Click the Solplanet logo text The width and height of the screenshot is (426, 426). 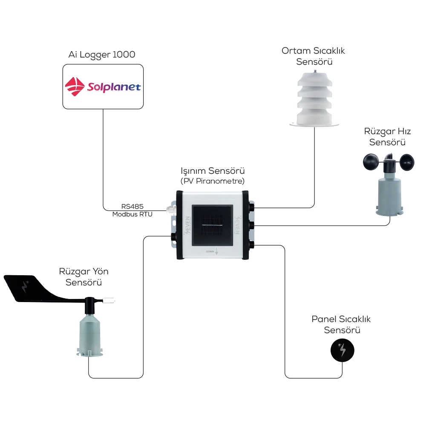click(114, 87)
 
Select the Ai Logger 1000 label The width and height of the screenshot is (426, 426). click(102, 55)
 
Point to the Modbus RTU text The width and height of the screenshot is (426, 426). click(132, 214)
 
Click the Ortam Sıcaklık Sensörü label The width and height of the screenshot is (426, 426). click(314, 56)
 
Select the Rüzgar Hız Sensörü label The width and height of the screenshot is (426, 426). click(388, 136)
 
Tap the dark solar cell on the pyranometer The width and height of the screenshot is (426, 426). click(212, 225)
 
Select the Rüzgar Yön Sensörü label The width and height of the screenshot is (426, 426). click(81, 276)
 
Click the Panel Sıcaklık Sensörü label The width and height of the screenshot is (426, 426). click(341, 325)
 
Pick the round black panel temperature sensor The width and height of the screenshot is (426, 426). click(343, 351)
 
